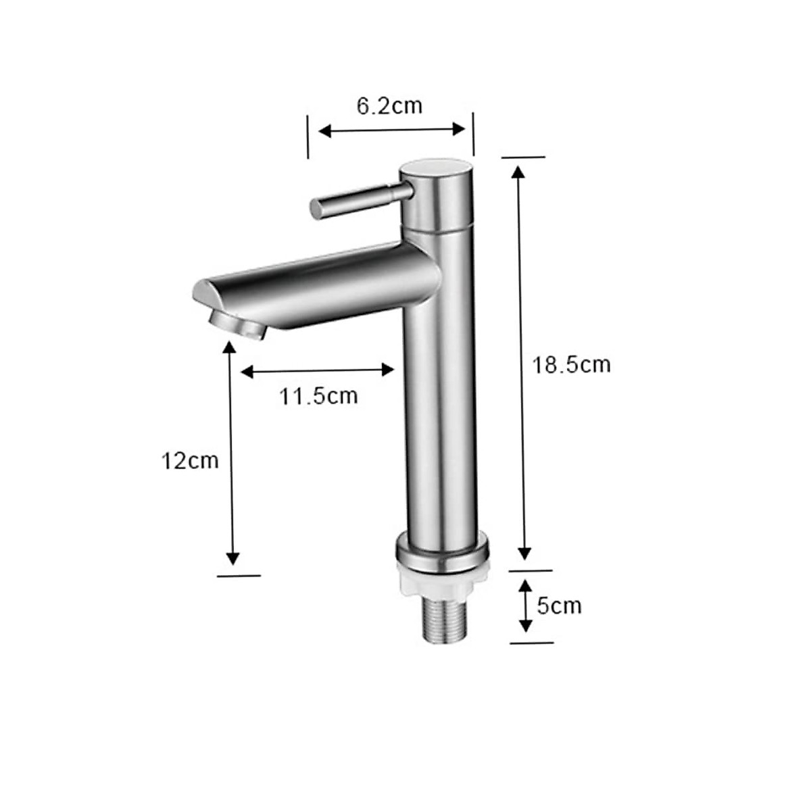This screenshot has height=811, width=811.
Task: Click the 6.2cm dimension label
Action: click(389, 105)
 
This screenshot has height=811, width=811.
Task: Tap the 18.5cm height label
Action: click(571, 365)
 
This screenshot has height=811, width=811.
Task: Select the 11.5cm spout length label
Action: click(319, 396)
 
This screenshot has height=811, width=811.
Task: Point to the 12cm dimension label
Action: click(190, 461)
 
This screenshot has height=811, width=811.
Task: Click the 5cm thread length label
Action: click(559, 605)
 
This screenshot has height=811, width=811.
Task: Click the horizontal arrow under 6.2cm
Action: click(392, 130)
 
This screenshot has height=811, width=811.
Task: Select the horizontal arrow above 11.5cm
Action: click(318, 370)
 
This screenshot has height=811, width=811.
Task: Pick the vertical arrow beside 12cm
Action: click(232, 453)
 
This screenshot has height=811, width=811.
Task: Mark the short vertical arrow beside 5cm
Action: click(525, 606)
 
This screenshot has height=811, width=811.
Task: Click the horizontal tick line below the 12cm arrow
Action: click(239, 576)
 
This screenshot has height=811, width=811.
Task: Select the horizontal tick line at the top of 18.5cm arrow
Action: click(522, 157)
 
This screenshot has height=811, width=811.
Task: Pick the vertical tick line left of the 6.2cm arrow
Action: click(308, 136)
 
